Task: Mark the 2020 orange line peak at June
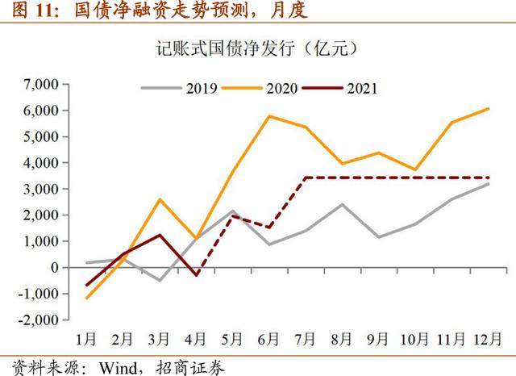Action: click(268, 116)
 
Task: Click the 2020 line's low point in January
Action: click(86, 298)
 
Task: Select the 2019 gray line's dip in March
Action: click(160, 280)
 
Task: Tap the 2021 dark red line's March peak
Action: click(160, 235)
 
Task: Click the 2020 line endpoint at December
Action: click(489, 108)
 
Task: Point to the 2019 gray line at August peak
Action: click(343, 204)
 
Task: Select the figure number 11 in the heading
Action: click(33, 10)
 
